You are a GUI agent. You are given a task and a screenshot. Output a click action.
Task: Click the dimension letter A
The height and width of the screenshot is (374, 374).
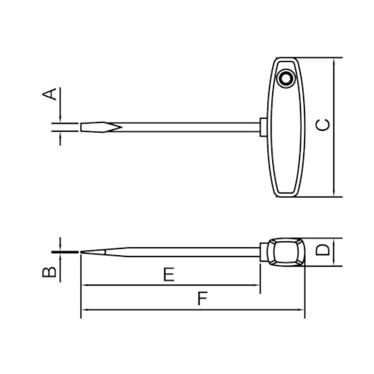[50, 94]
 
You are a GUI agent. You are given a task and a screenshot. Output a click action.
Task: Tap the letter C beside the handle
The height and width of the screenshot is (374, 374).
[323, 124]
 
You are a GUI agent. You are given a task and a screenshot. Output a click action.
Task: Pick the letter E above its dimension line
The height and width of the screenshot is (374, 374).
[168, 275]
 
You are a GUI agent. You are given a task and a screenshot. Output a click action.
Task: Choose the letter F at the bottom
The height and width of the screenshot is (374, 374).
[202, 300]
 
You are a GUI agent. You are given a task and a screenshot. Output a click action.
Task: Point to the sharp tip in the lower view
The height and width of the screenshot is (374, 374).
[84, 252]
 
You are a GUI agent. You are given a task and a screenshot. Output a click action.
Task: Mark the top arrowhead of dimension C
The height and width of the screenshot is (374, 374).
[336, 63]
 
